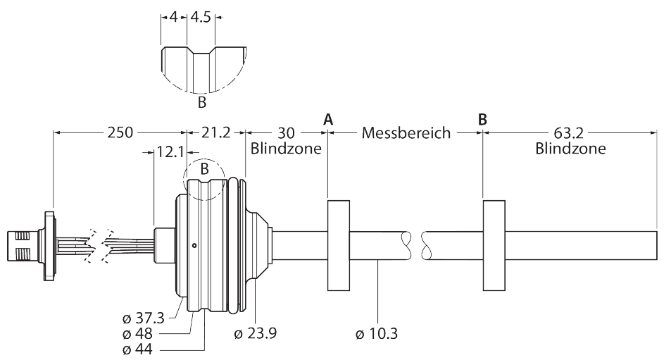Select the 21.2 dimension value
click(x=215, y=132)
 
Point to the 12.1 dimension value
click(x=170, y=151)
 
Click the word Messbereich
click(x=406, y=132)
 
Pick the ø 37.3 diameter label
click(x=143, y=318)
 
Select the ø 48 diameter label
click(x=137, y=333)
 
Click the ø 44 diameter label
click(x=137, y=349)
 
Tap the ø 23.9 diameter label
click(x=255, y=333)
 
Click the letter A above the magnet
click(x=327, y=119)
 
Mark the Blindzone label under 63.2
click(x=570, y=149)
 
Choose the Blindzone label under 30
click(x=286, y=149)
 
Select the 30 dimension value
click(x=286, y=132)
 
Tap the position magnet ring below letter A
click(x=339, y=244)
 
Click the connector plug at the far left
click(x=20, y=244)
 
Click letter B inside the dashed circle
click(x=204, y=169)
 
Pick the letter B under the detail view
click(x=201, y=104)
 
